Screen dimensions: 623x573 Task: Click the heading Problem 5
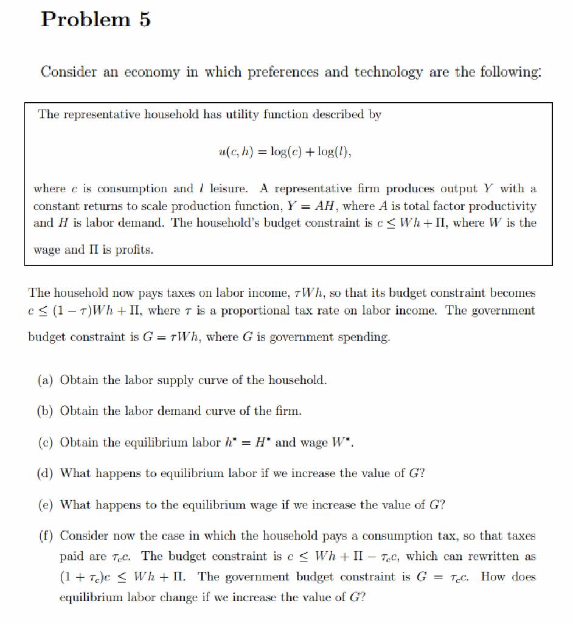(95, 19)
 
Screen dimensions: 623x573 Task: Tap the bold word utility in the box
(247, 114)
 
